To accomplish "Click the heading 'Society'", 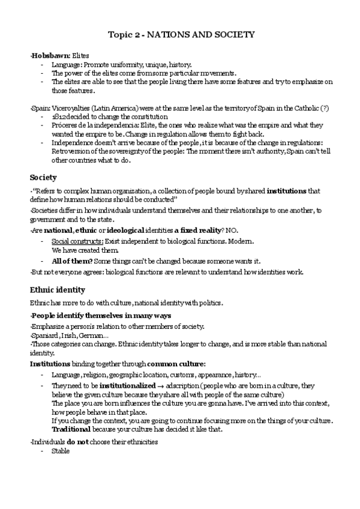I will tap(43, 177).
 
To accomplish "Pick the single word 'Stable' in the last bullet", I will tap(61, 451).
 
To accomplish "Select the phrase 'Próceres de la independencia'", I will tap(88, 125).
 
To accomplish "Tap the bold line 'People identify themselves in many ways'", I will tap(101, 316).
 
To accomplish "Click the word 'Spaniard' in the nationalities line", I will tap(45, 336).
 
